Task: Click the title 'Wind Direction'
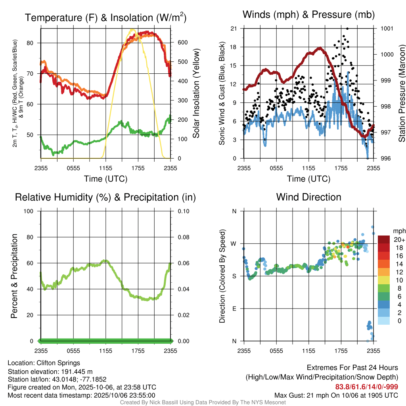pyautogui.click(x=308, y=197)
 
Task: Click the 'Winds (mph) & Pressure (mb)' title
pyautogui.click(x=308, y=15)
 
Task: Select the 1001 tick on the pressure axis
pyautogui.click(x=386, y=29)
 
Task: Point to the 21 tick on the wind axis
pyautogui.click(x=234, y=29)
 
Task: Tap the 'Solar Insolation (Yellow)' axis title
pyautogui.click(x=196, y=94)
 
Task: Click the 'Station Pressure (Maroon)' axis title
pyautogui.click(x=401, y=94)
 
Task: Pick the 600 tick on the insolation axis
pyautogui.click(x=181, y=43)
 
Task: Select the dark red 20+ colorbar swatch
pyautogui.click(x=384, y=239)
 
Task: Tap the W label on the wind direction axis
pyautogui.click(x=234, y=243)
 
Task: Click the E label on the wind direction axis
pyautogui.click(x=234, y=308)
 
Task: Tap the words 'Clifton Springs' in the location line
pyautogui.click(x=58, y=363)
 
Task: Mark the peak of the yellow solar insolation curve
pyautogui.click(x=132, y=30)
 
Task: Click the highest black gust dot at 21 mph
pyautogui.click(x=347, y=29)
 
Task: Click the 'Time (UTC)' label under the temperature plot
pyautogui.click(x=105, y=179)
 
